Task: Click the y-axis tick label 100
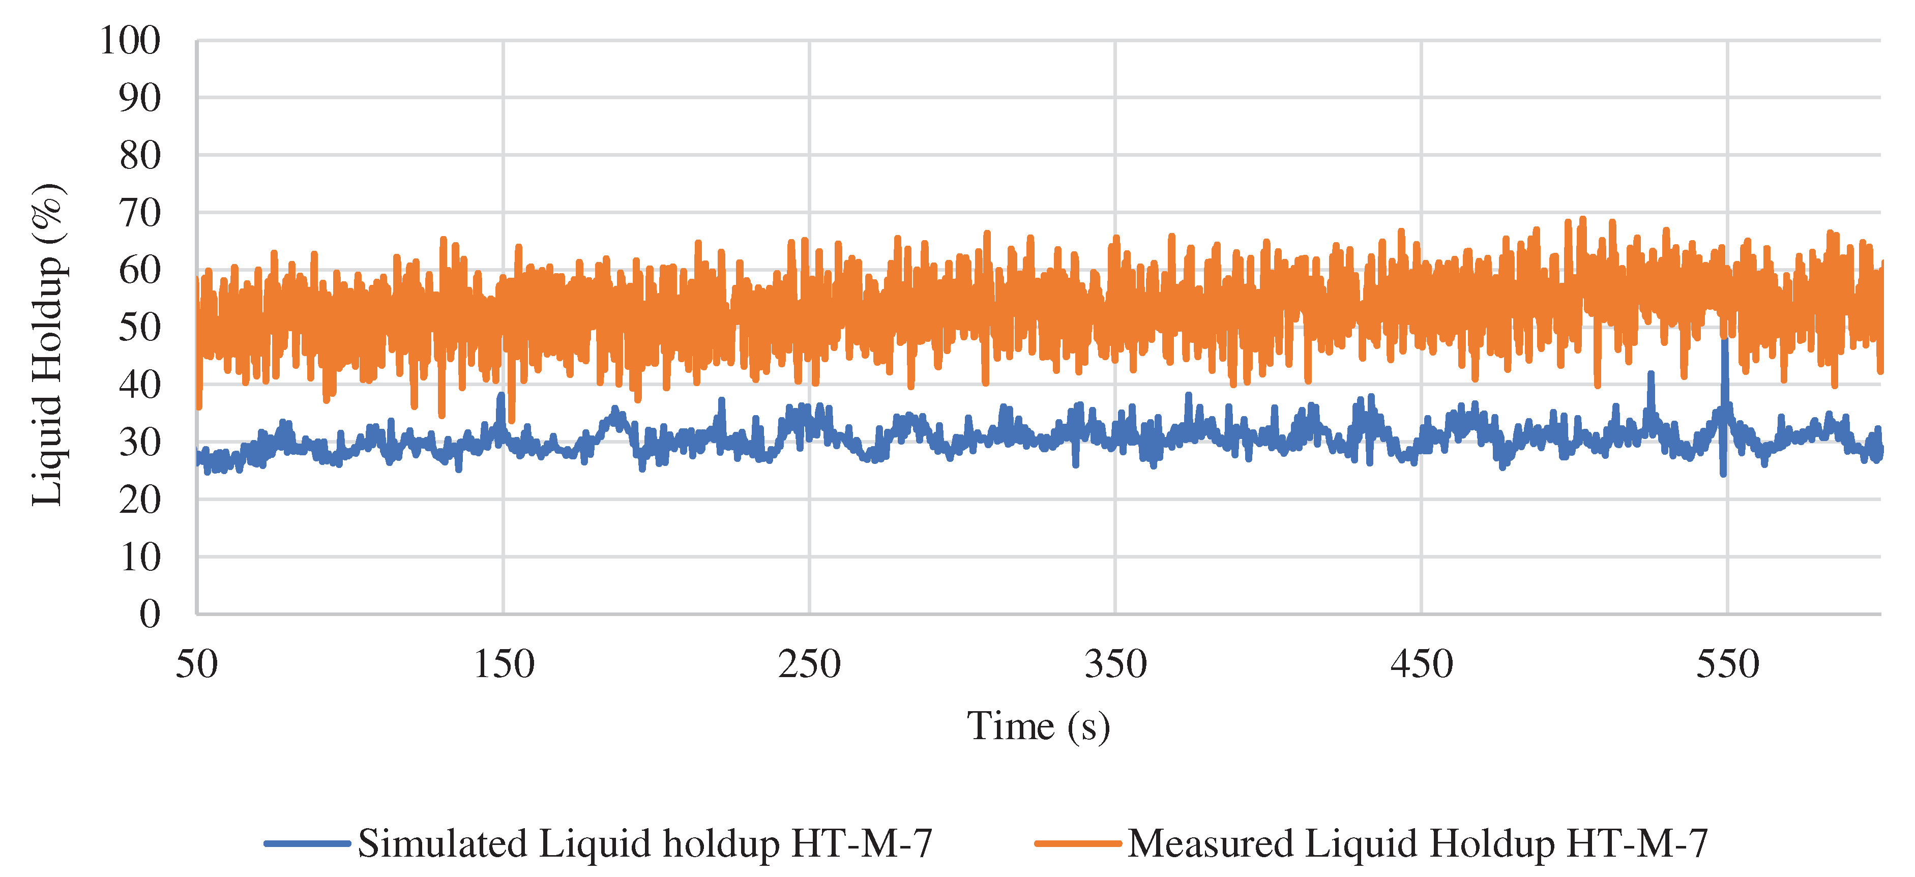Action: coord(130,40)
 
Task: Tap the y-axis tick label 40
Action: coord(140,385)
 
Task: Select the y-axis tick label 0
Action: coord(150,614)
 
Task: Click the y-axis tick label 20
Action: coord(140,500)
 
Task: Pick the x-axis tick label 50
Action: coord(196,664)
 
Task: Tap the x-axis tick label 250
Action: coord(810,664)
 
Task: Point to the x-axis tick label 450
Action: coord(1422,664)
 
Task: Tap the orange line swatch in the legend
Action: coord(1078,843)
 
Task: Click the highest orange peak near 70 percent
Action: coord(1583,220)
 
